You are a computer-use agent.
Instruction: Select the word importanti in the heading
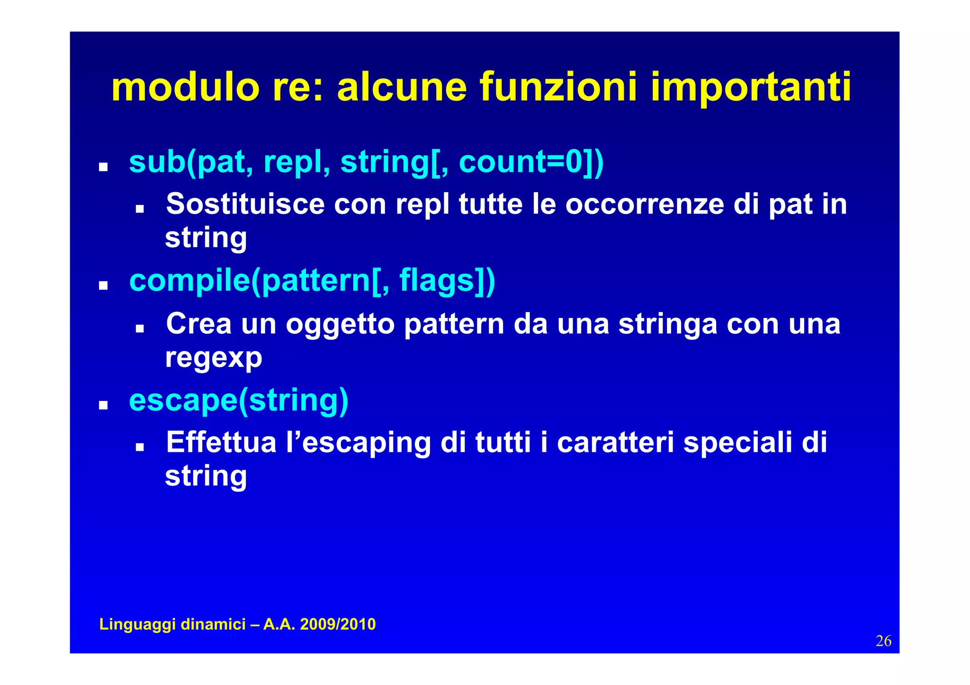[751, 88]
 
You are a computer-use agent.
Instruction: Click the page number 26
[883, 641]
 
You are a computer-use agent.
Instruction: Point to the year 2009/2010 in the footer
[338, 624]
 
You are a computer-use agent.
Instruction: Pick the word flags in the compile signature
[437, 281]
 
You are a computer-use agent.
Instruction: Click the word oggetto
[340, 324]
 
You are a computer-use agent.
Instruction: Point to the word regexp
[214, 358]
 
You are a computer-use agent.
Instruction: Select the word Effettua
[221, 443]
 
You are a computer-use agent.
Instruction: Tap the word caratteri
[615, 443]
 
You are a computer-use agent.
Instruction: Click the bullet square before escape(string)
[103, 405]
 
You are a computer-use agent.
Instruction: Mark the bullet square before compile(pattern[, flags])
[103, 286]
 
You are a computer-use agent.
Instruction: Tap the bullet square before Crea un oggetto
[139, 328]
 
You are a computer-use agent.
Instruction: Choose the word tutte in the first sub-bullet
[491, 205]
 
